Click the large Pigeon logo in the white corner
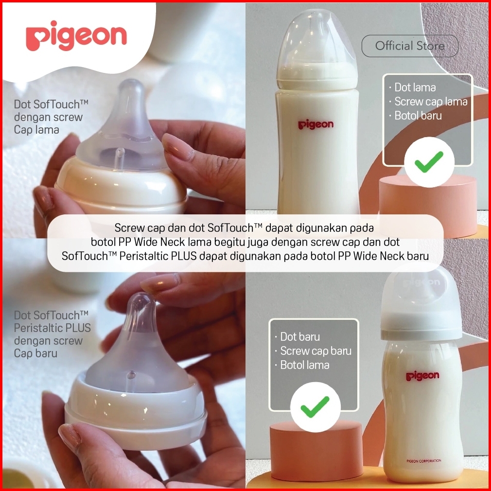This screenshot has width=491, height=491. coord(76,35)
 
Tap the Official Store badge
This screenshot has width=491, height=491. coord(410,46)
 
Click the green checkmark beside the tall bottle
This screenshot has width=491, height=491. coord(429,161)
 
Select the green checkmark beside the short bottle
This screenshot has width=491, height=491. coord(315,407)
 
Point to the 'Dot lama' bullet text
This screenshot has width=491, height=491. coord(415,88)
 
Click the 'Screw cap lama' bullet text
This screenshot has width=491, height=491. coord(431,102)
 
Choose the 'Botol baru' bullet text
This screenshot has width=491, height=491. coord(418,116)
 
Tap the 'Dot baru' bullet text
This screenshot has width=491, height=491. coord(299,336)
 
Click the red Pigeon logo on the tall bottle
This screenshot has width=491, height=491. coord(316,124)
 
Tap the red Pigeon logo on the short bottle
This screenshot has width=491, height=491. coord(423,376)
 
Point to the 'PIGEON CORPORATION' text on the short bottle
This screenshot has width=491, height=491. coord(424,461)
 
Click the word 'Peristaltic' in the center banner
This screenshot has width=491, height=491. coord(158,256)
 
